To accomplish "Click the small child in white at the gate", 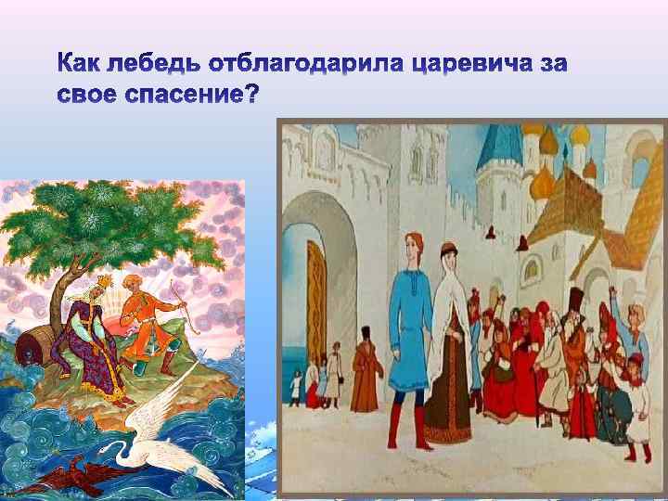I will (312, 380).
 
